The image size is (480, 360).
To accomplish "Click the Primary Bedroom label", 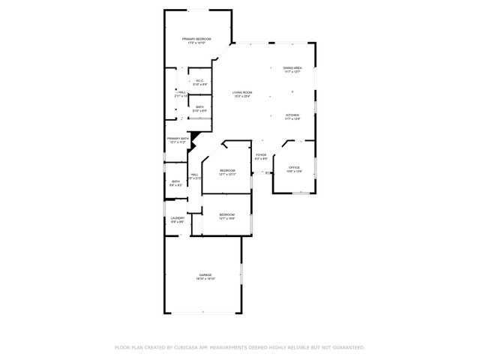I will click(197, 39).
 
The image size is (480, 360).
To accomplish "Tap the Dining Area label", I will click(292, 68).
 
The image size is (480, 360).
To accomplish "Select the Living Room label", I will click(241, 93).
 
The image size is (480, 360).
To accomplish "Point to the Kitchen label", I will click(292, 115).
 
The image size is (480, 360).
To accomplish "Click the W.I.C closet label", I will click(200, 81).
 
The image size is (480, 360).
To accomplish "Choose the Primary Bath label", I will click(178, 138).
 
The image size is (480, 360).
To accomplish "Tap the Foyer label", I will click(261, 155).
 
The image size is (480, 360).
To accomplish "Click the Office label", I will click(295, 167).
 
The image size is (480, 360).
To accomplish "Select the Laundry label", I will click(177, 218).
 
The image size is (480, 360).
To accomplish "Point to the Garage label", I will click(205, 275).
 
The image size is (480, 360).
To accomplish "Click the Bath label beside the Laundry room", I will click(175, 181).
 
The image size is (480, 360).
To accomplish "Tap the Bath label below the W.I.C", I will click(199, 107).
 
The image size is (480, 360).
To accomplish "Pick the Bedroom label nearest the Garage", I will click(227, 215).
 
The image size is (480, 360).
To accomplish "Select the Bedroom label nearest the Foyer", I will click(227, 170).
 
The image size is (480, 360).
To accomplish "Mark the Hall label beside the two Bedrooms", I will click(194, 175).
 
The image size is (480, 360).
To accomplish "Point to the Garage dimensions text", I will click(205, 279).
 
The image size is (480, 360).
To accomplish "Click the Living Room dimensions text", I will click(241, 97).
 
